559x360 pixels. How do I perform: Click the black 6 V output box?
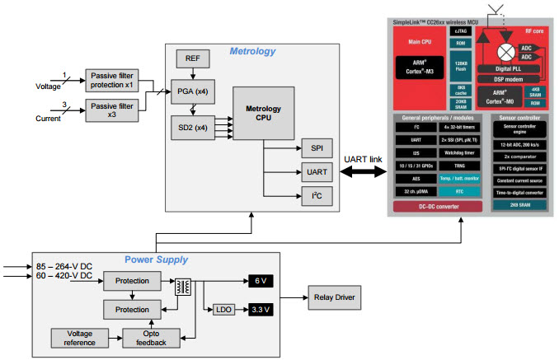[x=261, y=282]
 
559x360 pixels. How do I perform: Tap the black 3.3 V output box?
[x=261, y=311]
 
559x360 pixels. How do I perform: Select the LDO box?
[x=223, y=311]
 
